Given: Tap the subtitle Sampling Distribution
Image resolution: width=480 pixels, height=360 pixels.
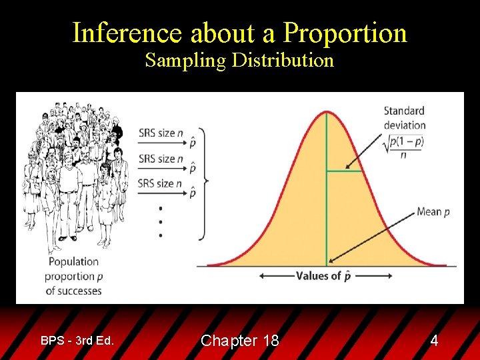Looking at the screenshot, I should click(239, 61).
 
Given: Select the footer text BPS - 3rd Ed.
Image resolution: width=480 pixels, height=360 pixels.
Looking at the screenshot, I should click(77, 341).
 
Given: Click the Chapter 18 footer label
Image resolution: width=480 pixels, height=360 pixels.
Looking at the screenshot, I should click(239, 341).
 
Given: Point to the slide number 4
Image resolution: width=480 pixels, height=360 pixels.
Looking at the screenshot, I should click(434, 341).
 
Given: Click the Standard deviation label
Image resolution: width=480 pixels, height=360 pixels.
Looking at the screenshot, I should click(404, 117).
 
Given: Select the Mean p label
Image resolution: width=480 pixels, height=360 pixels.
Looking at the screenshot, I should click(433, 212).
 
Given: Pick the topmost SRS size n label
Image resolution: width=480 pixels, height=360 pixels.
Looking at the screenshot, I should click(161, 133).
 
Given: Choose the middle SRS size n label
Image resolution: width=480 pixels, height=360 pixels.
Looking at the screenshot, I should click(161, 159).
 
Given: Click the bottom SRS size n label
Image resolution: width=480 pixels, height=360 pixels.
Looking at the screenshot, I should click(161, 183).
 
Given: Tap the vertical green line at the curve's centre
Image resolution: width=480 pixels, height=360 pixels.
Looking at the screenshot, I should click(326, 200).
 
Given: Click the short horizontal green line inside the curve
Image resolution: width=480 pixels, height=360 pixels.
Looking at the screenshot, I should click(344, 171).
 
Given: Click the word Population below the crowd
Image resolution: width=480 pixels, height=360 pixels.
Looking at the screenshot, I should click(73, 262).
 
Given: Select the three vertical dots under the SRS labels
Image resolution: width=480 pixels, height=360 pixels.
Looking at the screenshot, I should click(160, 221).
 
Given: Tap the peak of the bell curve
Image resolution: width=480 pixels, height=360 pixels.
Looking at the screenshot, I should click(326, 111).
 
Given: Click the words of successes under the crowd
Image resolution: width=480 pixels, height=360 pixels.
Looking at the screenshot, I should click(73, 291).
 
